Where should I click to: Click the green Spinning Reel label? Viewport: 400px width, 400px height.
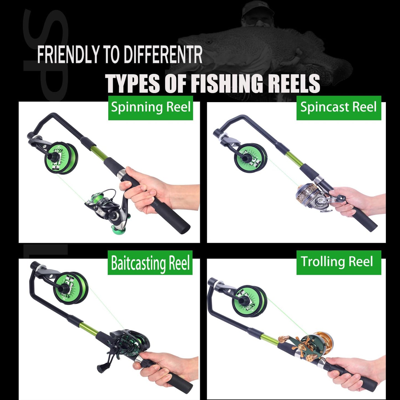(x=150, y=108)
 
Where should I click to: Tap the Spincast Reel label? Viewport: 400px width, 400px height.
(x=339, y=108)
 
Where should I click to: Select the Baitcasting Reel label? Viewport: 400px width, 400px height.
(x=150, y=263)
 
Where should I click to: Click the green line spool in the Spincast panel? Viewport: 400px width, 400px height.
(x=251, y=158)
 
